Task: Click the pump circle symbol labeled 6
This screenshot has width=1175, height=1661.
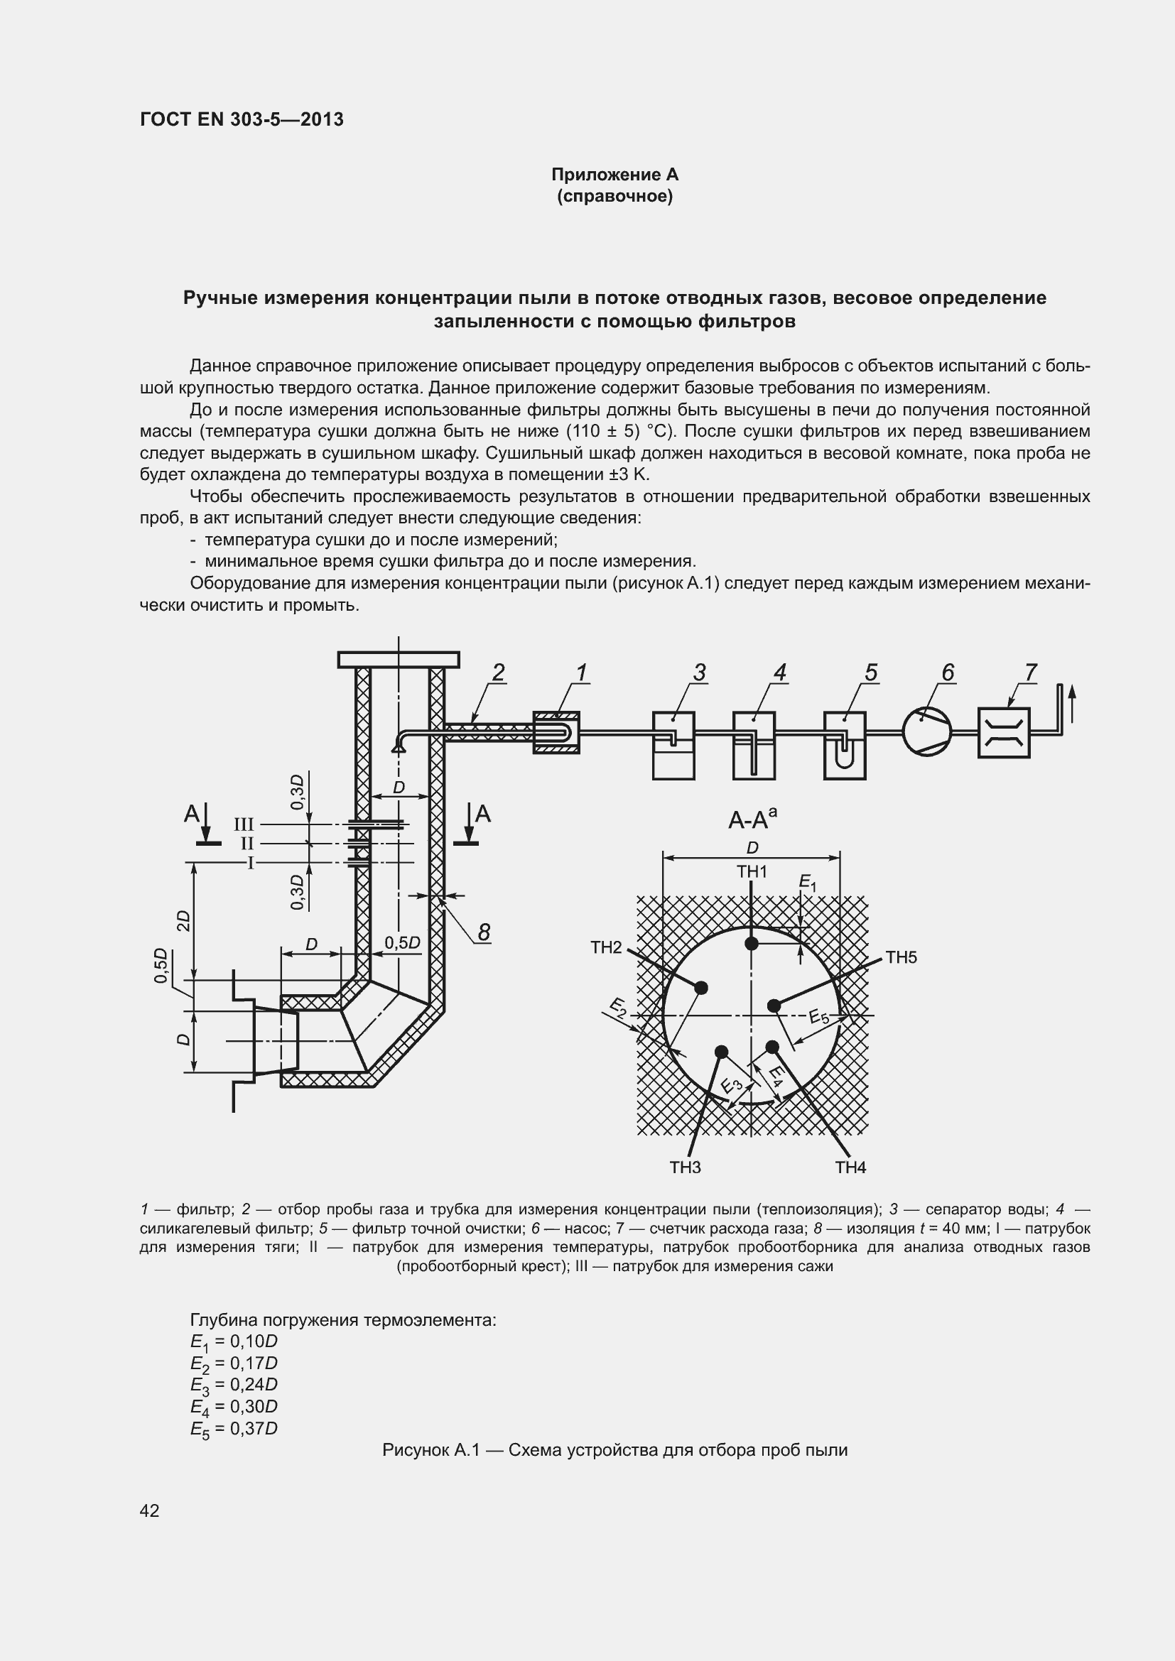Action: click(x=927, y=732)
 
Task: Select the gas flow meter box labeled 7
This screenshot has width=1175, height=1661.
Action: click(x=1003, y=733)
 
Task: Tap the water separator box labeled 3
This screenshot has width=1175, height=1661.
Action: click(x=673, y=745)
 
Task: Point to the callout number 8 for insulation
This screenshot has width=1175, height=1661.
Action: click(x=484, y=932)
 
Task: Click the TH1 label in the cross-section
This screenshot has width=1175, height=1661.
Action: click(x=752, y=872)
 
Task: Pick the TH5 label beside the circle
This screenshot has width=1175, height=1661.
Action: click(x=901, y=957)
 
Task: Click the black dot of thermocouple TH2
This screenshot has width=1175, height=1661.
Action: click(x=700, y=988)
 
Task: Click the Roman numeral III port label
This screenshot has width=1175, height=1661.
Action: click(x=244, y=824)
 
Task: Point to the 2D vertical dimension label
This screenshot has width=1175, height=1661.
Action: click(x=184, y=920)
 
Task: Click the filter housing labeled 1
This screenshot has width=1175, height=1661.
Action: click(x=556, y=732)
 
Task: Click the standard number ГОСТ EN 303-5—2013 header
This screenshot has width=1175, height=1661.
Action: click(x=242, y=119)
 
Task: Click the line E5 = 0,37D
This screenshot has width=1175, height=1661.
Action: click(x=234, y=1428)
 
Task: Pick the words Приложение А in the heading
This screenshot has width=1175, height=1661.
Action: click(x=614, y=175)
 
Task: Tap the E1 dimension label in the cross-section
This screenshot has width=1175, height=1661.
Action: click(x=807, y=882)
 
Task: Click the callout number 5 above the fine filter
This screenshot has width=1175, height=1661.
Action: click(x=870, y=672)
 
